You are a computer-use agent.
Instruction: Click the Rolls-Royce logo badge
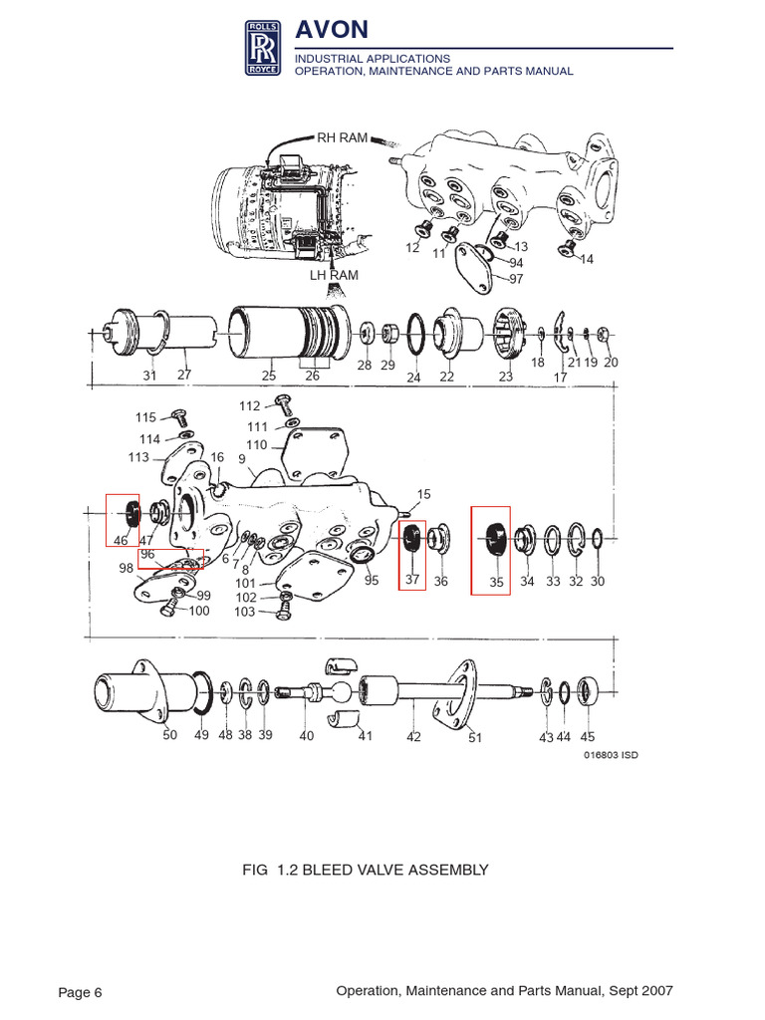265,49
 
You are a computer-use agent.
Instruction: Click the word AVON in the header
332,31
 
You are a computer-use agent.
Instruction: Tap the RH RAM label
342,137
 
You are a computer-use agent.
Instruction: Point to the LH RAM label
334,275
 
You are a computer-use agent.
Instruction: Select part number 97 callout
516,278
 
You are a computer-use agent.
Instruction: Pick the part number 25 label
269,376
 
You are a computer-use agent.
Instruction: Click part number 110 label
257,445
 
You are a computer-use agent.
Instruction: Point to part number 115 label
146,417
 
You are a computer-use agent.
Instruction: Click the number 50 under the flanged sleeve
169,736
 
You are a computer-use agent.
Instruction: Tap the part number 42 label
413,737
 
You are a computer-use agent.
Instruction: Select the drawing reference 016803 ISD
610,755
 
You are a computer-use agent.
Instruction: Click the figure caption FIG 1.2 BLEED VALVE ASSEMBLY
366,870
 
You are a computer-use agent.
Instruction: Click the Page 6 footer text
81,992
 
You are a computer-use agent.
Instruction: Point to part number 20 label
611,363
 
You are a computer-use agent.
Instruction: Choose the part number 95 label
372,580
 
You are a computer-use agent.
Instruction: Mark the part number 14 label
586,259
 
